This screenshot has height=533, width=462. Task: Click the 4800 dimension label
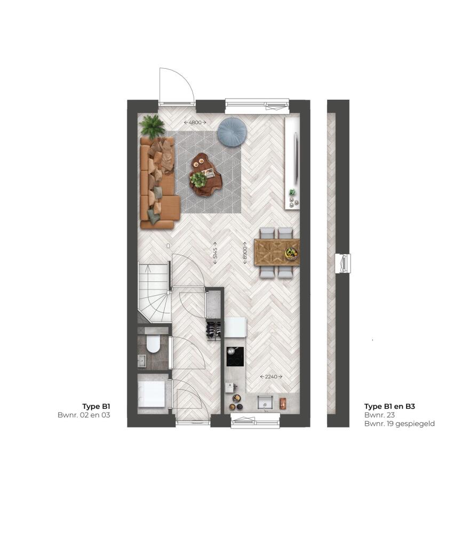tap(195, 123)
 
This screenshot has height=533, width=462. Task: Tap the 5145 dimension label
tap(215, 253)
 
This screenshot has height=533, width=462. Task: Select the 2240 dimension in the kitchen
tap(271, 377)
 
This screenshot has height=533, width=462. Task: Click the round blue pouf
tap(229, 132)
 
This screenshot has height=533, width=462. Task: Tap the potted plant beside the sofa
tap(152, 126)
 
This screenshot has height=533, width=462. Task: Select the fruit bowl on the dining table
tap(291, 253)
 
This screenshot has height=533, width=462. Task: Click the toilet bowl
tap(153, 344)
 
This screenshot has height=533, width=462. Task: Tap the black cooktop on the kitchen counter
tap(235, 357)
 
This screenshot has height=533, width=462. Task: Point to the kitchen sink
tap(265, 402)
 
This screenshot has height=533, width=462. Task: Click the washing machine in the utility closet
tap(152, 394)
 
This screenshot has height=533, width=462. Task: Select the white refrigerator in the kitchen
tap(235, 327)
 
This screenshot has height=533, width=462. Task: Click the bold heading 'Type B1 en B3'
tap(389, 406)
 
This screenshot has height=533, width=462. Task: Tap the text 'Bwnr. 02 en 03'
tap(84, 415)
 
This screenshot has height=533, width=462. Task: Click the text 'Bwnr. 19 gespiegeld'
tap(400, 424)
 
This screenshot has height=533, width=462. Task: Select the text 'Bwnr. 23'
tap(379, 415)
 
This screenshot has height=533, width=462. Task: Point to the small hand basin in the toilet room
tap(142, 361)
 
